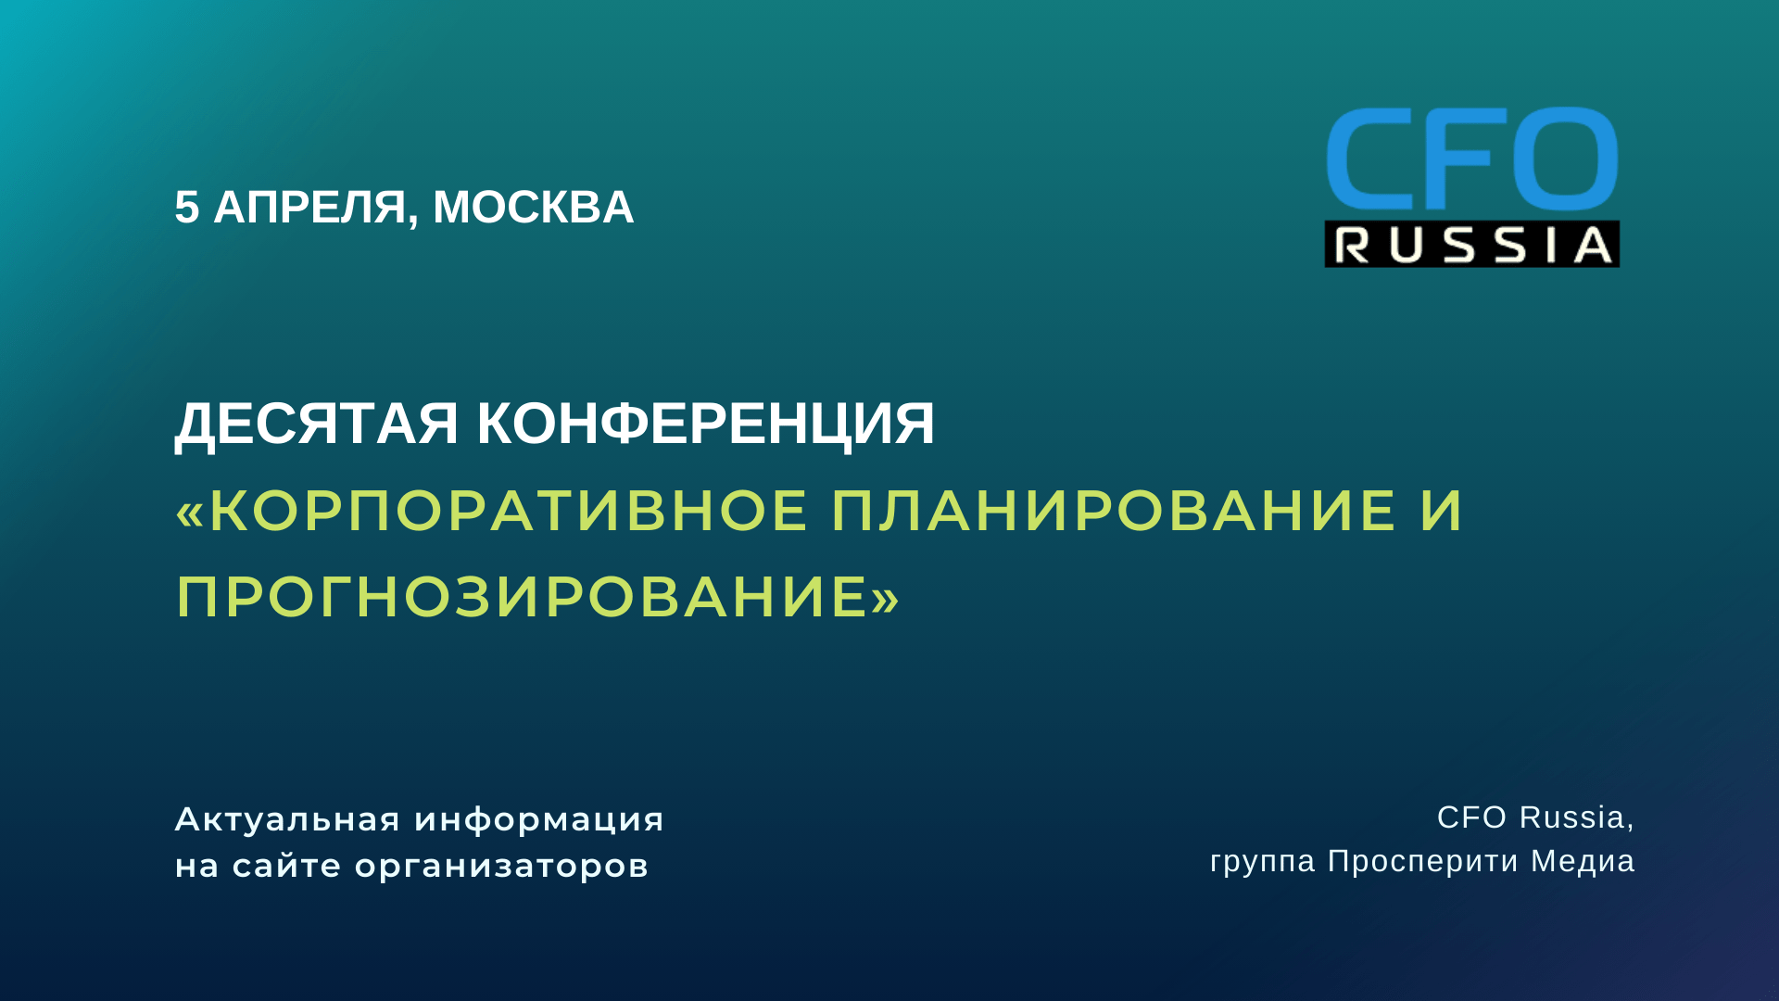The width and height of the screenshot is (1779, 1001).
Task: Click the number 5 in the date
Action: click(186, 208)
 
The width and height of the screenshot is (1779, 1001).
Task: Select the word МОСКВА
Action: click(533, 208)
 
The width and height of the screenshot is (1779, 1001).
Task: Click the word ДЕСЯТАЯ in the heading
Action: click(317, 424)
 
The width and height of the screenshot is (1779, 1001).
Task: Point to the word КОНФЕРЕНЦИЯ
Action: click(705, 424)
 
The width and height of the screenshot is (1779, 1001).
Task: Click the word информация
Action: click(539, 820)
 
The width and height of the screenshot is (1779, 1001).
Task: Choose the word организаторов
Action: click(501, 868)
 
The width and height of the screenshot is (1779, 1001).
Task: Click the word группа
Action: click(1263, 862)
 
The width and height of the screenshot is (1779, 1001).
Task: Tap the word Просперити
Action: click(1423, 862)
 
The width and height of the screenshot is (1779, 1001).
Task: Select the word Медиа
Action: click(1583, 861)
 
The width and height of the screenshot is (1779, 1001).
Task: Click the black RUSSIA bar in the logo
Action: click(1472, 245)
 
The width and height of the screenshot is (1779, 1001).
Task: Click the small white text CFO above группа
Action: click(1472, 817)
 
